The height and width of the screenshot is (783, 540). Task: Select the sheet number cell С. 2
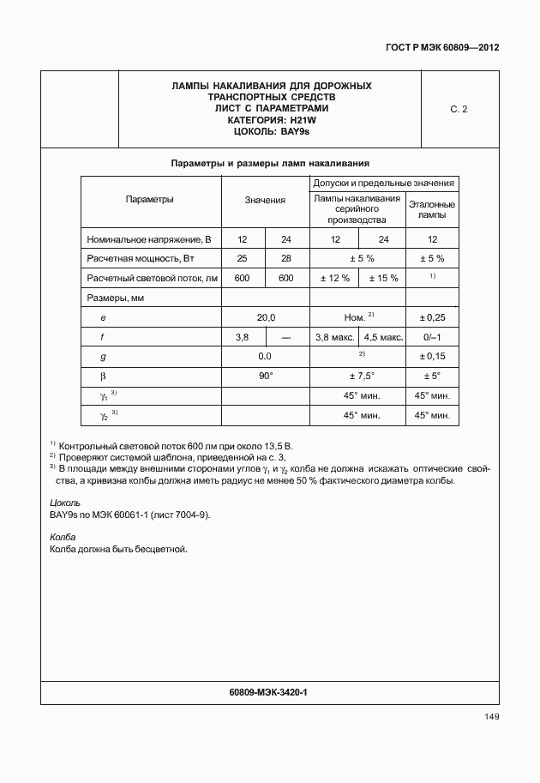pyautogui.click(x=459, y=109)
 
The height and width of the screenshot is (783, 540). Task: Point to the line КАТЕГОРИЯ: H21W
pyautogui.click(x=271, y=121)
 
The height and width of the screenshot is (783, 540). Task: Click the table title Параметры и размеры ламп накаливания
pyautogui.click(x=270, y=163)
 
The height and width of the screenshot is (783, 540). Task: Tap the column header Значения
pyautogui.click(x=265, y=201)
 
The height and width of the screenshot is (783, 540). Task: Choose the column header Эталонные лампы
pyautogui.click(x=432, y=210)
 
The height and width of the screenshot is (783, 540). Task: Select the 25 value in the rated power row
pyautogui.click(x=243, y=259)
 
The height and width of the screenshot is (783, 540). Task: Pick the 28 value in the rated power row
pyautogui.click(x=286, y=259)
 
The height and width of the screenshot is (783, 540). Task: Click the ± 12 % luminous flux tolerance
pyautogui.click(x=334, y=279)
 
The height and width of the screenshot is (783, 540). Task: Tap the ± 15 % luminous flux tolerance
pyautogui.click(x=382, y=279)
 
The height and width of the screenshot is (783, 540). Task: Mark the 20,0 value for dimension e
pyautogui.click(x=265, y=317)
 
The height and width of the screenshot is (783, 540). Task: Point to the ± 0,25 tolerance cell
pyautogui.click(x=432, y=317)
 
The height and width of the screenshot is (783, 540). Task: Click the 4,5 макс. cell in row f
pyautogui.click(x=382, y=337)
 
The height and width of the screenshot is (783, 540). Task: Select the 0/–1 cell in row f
pyautogui.click(x=432, y=337)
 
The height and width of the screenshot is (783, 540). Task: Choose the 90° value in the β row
pyautogui.click(x=265, y=376)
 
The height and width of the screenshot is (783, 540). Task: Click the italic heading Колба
pyautogui.click(x=63, y=537)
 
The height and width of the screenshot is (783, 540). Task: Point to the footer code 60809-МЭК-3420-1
pyautogui.click(x=269, y=691)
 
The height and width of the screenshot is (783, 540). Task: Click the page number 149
pyautogui.click(x=490, y=717)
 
